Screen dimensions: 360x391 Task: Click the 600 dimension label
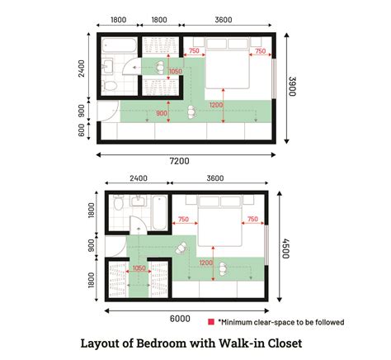82,130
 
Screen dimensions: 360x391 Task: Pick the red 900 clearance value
161,112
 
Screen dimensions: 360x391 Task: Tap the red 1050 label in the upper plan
174,71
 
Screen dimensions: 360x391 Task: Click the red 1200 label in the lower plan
206,263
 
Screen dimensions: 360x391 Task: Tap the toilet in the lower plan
118,204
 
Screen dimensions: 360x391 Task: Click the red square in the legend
211,322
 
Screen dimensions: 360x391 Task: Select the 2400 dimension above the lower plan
138,178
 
